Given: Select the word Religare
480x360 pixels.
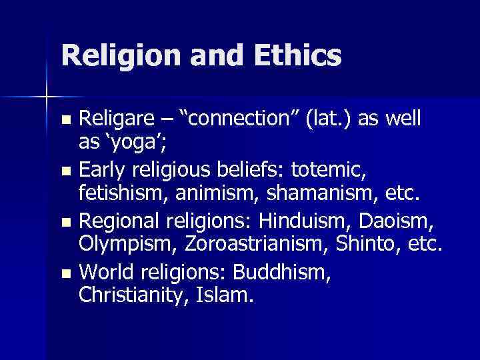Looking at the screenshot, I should pos(120,119).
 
